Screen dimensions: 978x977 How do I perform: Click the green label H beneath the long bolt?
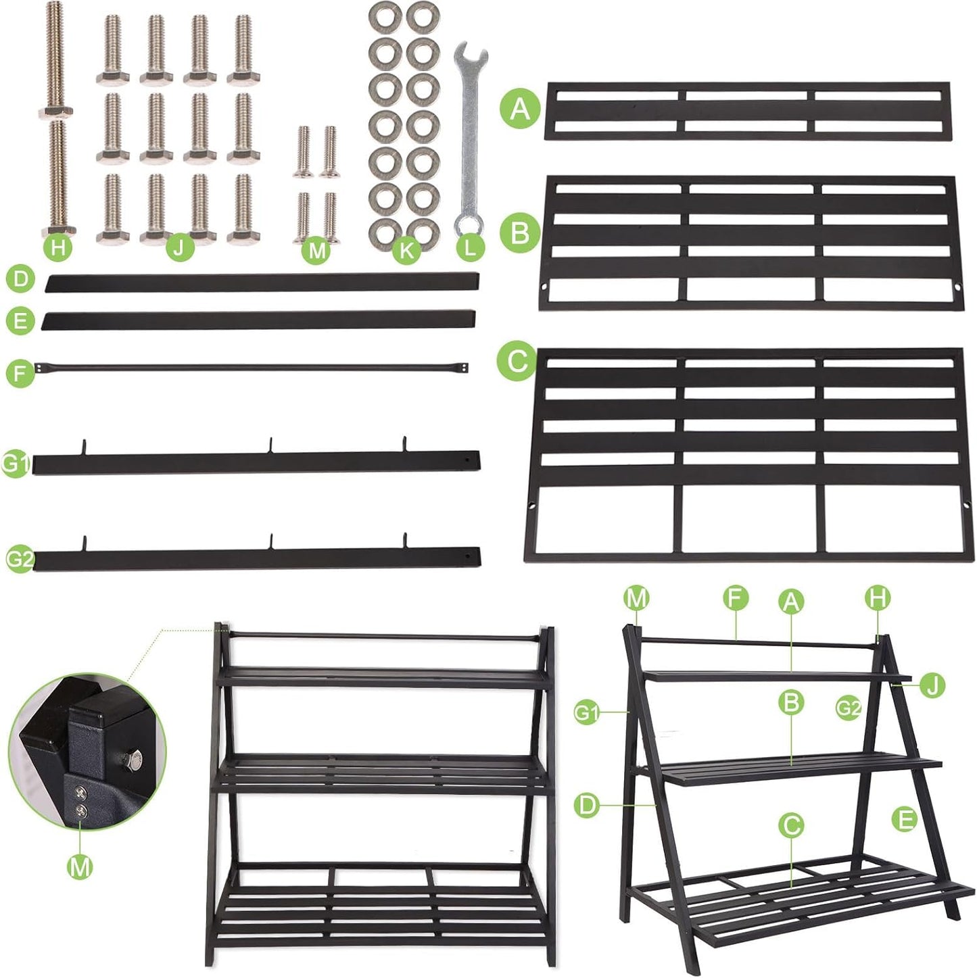click(x=58, y=247)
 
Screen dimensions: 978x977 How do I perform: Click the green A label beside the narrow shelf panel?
click(x=520, y=108)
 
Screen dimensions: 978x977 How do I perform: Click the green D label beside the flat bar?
click(x=20, y=279)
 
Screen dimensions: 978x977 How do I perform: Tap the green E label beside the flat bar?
click(x=20, y=320)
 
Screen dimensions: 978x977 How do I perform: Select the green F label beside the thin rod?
click(x=20, y=373)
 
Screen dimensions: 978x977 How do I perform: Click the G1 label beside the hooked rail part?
click(x=15, y=464)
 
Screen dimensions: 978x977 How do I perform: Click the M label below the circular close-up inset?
click(x=80, y=866)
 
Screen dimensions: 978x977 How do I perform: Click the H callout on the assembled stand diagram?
click(x=878, y=598)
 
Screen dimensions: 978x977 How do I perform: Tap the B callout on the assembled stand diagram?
click(x=790, y=703)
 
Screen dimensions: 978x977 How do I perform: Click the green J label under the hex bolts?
click(x=179, y=248)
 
